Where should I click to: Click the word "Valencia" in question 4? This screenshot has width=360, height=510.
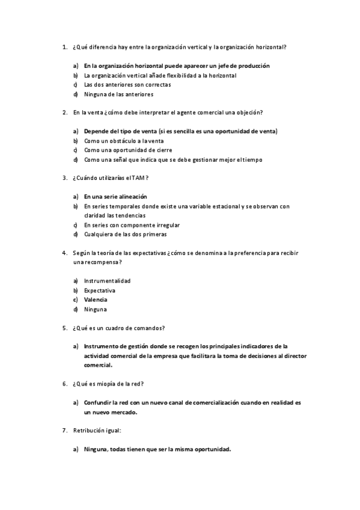(x=96, y=300)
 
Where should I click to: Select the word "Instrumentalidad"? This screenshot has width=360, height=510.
(x=107, y=281)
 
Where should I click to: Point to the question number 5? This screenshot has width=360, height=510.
(x=64, y=328)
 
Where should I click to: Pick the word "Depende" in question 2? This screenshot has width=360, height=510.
(x=97, y=131)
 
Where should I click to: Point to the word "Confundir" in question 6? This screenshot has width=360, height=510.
(x=99, y=402)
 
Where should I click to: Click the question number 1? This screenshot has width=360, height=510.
(x=64, y=47)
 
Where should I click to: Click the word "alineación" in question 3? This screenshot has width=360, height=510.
(x=130, y=197)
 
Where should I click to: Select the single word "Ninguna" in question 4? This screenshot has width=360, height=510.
(x=95, y=309)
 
